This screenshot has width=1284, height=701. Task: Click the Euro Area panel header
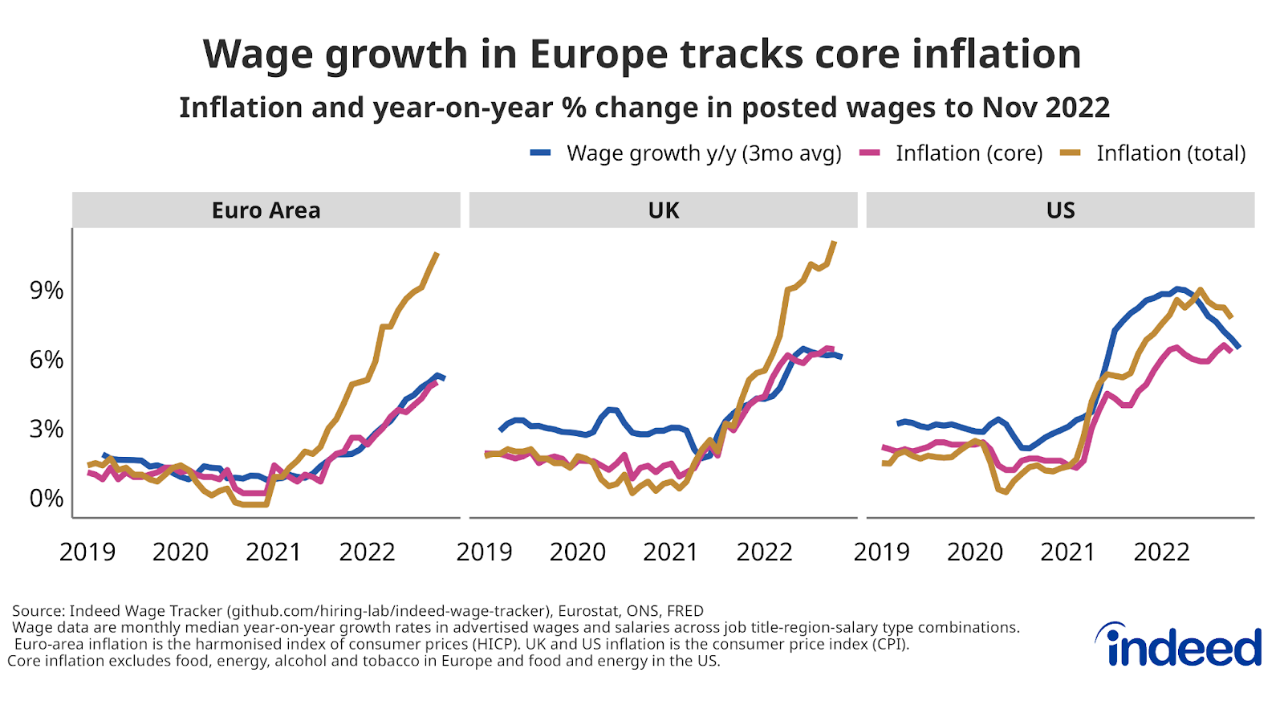pos(266,210)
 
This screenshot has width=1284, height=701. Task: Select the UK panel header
pos(663,210)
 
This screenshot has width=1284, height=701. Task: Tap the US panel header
pos(1060,210)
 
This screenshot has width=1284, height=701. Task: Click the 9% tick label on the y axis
pos(47,291)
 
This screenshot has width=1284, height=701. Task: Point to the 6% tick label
pos(47,360)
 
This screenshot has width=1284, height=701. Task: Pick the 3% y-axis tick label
pos(47,429)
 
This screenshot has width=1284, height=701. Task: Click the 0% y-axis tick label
pos(47,499)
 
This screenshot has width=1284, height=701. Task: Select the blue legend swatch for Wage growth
pos(541,153)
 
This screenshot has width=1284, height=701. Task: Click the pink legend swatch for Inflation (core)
pos(870,153)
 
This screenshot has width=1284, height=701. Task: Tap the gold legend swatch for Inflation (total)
pos(1071,153)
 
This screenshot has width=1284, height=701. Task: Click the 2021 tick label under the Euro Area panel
pos(274,552)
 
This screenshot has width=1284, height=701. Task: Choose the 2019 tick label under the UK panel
pos(484,552)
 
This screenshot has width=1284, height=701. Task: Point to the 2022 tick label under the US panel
pos(1161,552)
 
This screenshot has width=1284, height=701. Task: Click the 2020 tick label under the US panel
pos(975,552)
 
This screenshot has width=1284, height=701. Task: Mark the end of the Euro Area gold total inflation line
pos(437,254)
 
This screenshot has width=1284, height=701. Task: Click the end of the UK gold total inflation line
pos(835,242)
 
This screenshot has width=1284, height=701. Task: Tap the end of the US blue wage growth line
pos(1239,347)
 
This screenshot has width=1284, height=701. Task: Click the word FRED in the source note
pos(685,611)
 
